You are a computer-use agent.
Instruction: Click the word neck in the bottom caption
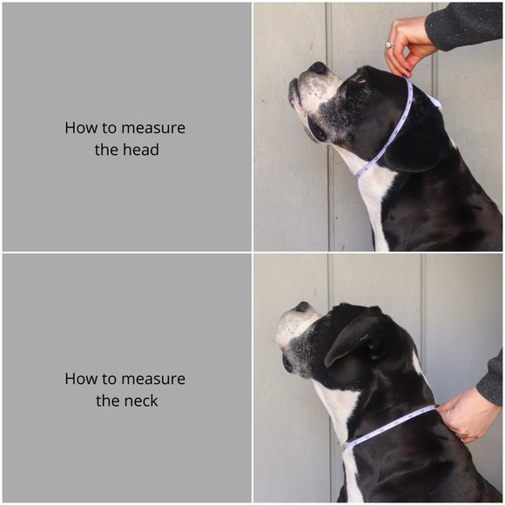[141, 401]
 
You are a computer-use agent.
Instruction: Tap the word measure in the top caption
[152, 128]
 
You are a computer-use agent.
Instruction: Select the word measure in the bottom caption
[152, 379]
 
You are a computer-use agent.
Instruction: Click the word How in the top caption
[80, 128]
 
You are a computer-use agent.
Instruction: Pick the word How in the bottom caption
[80, 379]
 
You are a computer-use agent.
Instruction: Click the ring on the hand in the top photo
[389, 44]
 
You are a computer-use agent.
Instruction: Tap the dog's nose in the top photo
[319, 67]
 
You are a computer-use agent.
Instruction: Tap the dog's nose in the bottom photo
[301, 306]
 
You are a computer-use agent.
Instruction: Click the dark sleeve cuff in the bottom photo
[492, 379]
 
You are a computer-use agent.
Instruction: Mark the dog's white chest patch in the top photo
[376, 200]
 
